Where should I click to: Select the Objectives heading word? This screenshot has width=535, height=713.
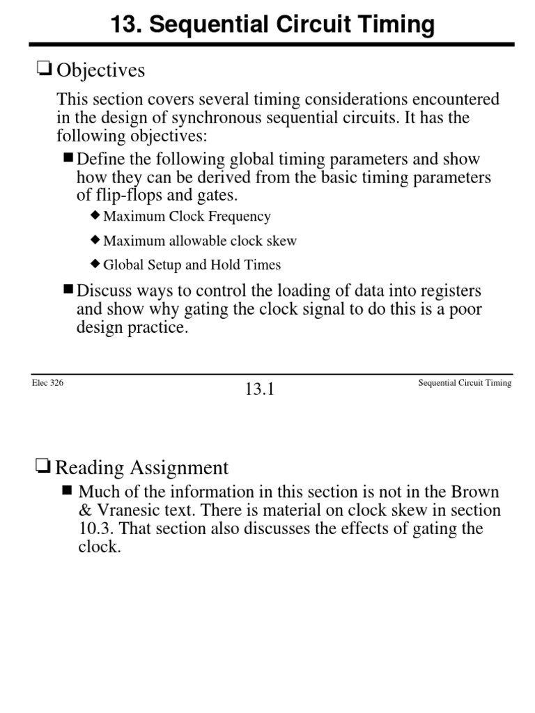(x=100, y=70)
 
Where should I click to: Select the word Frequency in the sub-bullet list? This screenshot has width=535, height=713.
(x=243, y=217)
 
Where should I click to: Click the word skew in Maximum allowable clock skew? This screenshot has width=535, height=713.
(x=281, y=241)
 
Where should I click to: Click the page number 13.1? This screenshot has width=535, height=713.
(x=260, y=390)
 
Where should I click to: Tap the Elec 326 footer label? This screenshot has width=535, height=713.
(x=48, y=383)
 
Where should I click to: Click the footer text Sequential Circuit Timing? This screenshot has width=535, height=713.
(x=465, y=383)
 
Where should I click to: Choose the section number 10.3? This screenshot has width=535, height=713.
(x=95, y=528)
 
